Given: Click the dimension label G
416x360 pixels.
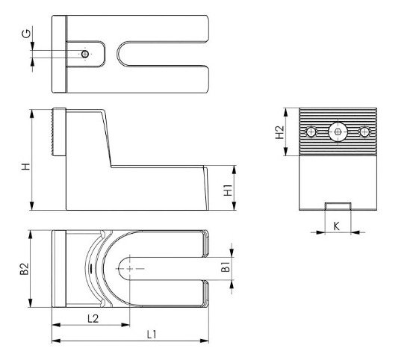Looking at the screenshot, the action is pos(26,34).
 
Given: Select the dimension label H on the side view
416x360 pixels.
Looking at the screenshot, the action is pos(26,167).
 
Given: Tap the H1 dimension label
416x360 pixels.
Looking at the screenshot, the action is pos(228,190).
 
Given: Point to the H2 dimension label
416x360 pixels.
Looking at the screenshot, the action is pos(279,132).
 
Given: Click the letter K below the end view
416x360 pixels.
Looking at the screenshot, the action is pos(336,226).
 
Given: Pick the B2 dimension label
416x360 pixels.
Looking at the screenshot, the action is pos(25,269).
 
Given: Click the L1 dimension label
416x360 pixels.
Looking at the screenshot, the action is pos(152,335).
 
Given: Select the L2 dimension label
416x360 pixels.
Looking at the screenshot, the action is pos(93,318).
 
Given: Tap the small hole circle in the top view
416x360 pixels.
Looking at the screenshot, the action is pos(85,54).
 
